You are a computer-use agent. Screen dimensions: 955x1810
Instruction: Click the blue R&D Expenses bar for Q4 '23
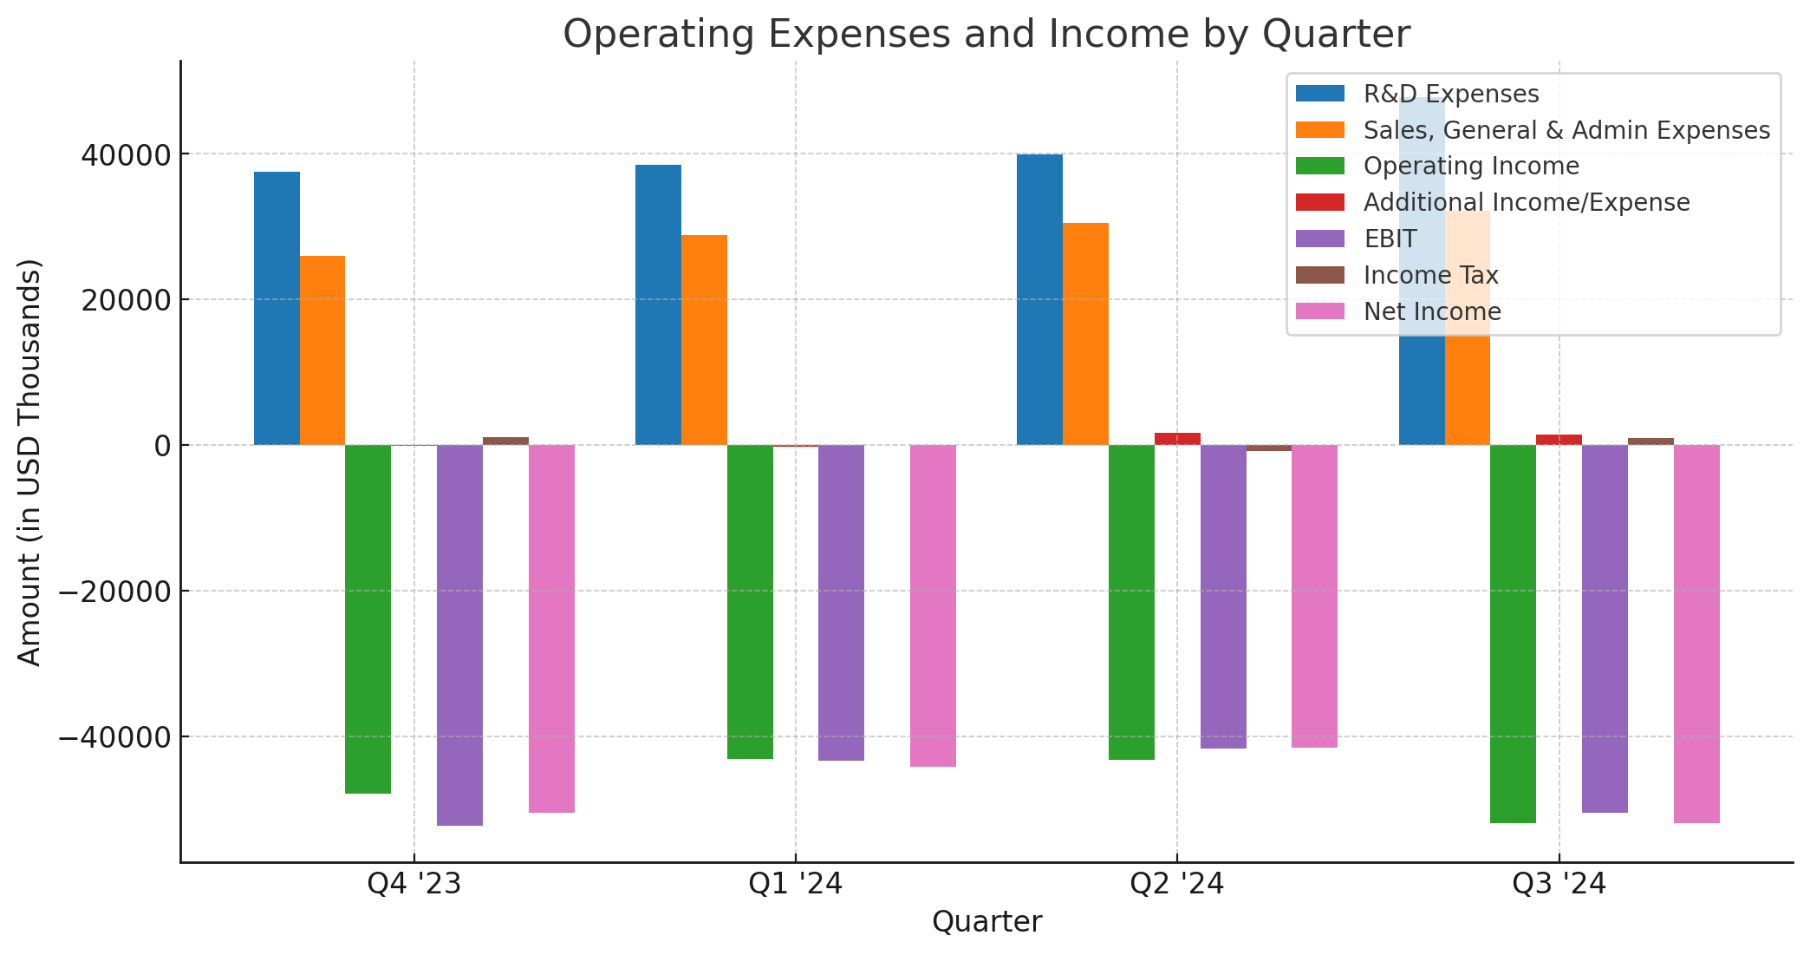[x=277, y=308]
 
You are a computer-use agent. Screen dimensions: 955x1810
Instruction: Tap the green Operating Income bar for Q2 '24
[x=1131, y=602]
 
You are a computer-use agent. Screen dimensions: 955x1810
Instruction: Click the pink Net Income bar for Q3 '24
[x=1696, y=633]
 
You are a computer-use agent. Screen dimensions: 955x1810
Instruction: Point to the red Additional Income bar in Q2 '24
[x=1177, y=439]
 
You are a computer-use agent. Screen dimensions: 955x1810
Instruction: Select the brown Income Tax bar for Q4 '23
[x=505, y=441]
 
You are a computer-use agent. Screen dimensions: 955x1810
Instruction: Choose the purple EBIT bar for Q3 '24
[x=1605, y=628]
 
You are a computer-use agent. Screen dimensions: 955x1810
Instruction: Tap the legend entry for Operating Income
[x=1470, y=166]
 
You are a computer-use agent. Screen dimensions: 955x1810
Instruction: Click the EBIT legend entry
[x=1390, y=239]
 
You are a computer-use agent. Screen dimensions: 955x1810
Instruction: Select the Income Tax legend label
[x=1430, y=275]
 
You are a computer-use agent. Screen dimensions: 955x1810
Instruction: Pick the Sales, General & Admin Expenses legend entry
[x=1566, y=130]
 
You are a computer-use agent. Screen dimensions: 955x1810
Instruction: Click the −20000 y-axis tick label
[x=113, y=592]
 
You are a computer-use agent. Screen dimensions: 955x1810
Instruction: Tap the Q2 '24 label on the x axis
[x=1176, y=884]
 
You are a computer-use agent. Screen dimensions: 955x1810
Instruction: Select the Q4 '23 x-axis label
[x=413, y=884]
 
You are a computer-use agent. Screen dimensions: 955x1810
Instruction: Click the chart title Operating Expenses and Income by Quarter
[x=986, y=35]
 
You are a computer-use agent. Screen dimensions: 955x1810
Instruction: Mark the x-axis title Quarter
[x=986, y=922]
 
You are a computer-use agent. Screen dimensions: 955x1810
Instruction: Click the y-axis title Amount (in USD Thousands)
[x=30, y=461]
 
